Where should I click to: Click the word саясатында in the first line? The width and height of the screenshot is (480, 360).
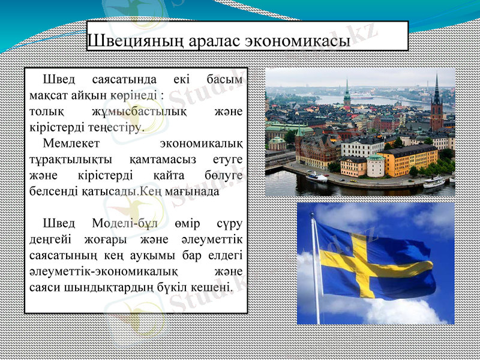(x=125, y=80)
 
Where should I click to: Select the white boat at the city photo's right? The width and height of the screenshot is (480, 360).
(x=433, y=182)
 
